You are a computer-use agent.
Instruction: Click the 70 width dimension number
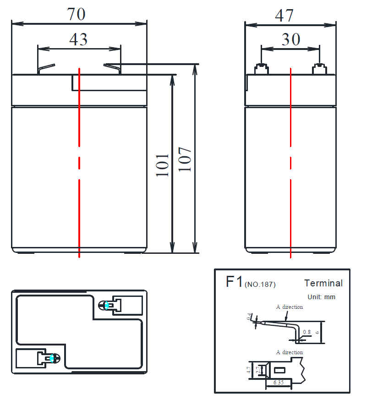[76, 14]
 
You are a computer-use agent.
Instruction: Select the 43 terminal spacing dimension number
[78, 39]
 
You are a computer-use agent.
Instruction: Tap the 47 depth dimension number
[284, 16]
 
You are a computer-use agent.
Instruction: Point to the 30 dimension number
[291, 39]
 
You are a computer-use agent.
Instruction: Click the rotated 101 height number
[163, 165]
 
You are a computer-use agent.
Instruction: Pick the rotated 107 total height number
[185, 159]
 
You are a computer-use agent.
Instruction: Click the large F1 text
[234, 282]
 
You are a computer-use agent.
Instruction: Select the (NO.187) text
[260, 285]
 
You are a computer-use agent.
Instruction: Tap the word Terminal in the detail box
[323, 283]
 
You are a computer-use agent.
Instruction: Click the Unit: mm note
[321, 297]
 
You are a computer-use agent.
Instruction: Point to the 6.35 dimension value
[279, 383]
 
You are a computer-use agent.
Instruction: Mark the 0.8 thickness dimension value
[306, 332]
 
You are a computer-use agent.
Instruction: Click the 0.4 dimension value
[249, 317]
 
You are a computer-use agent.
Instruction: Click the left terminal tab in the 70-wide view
[46, 69]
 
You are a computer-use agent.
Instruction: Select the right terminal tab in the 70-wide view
[112, 69]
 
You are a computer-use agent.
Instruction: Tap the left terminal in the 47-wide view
[262, 69]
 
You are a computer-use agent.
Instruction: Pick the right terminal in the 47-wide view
[320, 69]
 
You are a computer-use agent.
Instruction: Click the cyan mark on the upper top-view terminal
[107, 305]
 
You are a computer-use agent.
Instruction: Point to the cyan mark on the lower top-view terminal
[52, 358]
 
